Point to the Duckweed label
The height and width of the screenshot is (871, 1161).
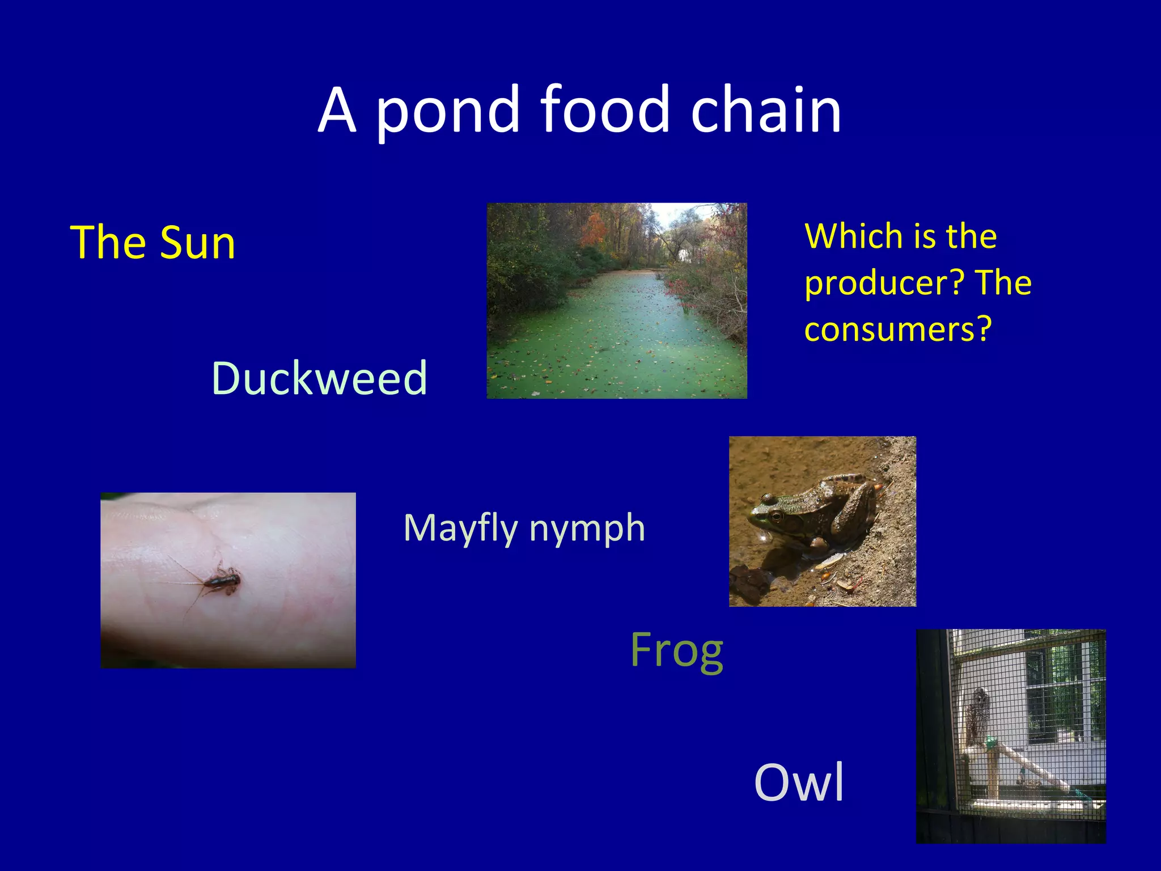[x=319, y=378]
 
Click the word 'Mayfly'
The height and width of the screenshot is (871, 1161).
[x=460, y=528]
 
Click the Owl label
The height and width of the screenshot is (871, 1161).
[x=799, y=783]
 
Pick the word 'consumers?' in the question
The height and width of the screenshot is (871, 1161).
[x=897, y=329]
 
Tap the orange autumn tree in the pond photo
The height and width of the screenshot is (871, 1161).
[x=593, y=231]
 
